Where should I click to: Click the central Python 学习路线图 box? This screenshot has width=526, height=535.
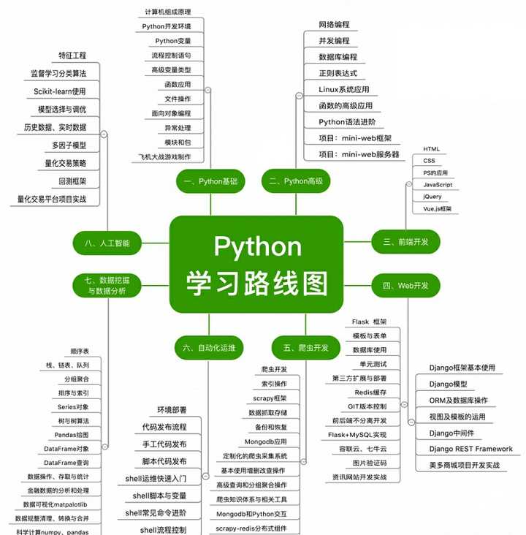pyautogui.click(x=256, y=264)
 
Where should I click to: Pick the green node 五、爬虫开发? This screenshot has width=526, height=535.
pyautogui.click(x=300, y=347)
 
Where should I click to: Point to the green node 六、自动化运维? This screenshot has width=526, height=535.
pyautogui.click(x=209, y=347)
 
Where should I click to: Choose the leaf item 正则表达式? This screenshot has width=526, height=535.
pyautogui.click(x=338, y=73)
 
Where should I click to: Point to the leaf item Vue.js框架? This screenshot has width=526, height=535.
pyautogui.click(x=437, y=209)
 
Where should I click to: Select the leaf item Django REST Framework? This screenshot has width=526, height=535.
pyautogui.click(x=470, y=449)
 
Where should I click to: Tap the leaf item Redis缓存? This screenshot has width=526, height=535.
pyautogui.click(x=370, y=392)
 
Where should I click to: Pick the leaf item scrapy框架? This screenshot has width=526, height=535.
pyautogui.click(x=270, y=398)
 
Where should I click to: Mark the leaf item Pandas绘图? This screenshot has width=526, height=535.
pyautogui.click(x=72, y=434)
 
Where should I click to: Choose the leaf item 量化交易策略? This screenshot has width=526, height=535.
pyautogui.click(x=62, y=163)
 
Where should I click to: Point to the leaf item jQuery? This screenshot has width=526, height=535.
pyautogui.click(x=432, y=197)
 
